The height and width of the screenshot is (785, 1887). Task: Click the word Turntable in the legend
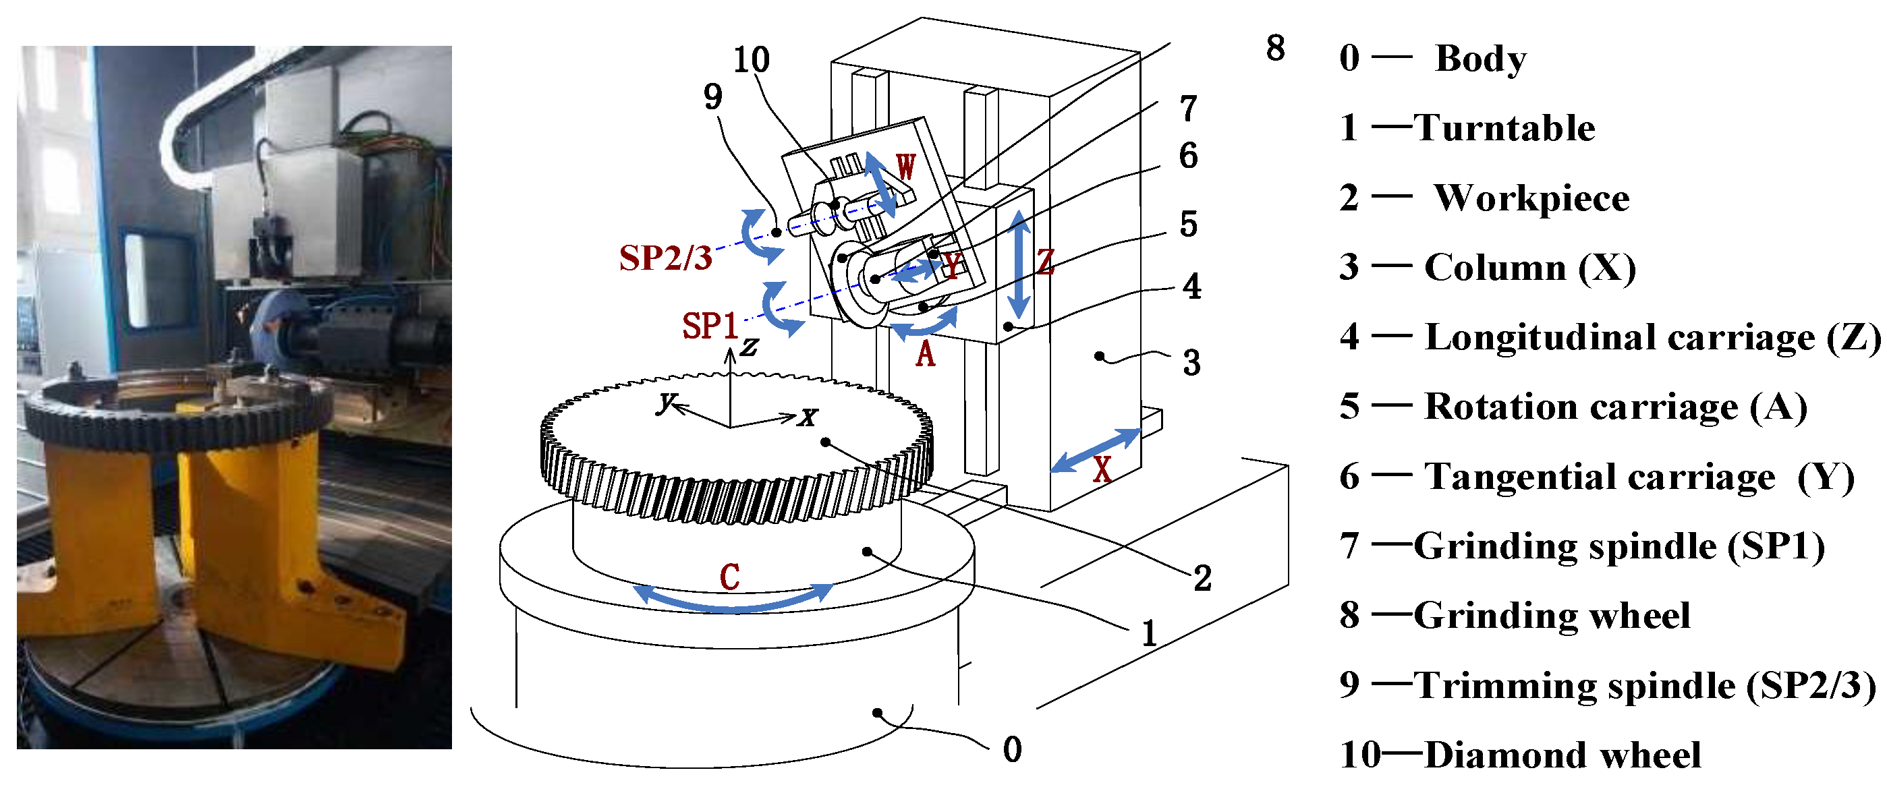coord(1504,128)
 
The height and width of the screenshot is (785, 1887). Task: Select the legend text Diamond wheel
coord(1562,755)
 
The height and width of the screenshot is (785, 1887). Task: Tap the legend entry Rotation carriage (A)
coord(1615,407)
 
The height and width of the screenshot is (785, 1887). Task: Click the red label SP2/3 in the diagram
coord(665,258)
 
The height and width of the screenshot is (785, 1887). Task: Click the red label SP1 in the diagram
coord(709,326)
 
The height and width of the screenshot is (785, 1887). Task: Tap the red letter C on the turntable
coord(729,577)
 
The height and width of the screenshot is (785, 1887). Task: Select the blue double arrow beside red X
coord(1096,450)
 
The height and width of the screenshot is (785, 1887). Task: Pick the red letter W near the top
coord(905,167)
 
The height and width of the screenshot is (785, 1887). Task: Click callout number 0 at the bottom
coord(1013,750)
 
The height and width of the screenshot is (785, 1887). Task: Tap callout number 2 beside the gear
coord(1202,579)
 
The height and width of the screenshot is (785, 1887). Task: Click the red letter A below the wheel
coord(925,355)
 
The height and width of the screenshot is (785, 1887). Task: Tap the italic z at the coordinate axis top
coord(749,347)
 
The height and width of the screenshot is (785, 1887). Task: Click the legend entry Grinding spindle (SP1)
coord(1619,546)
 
